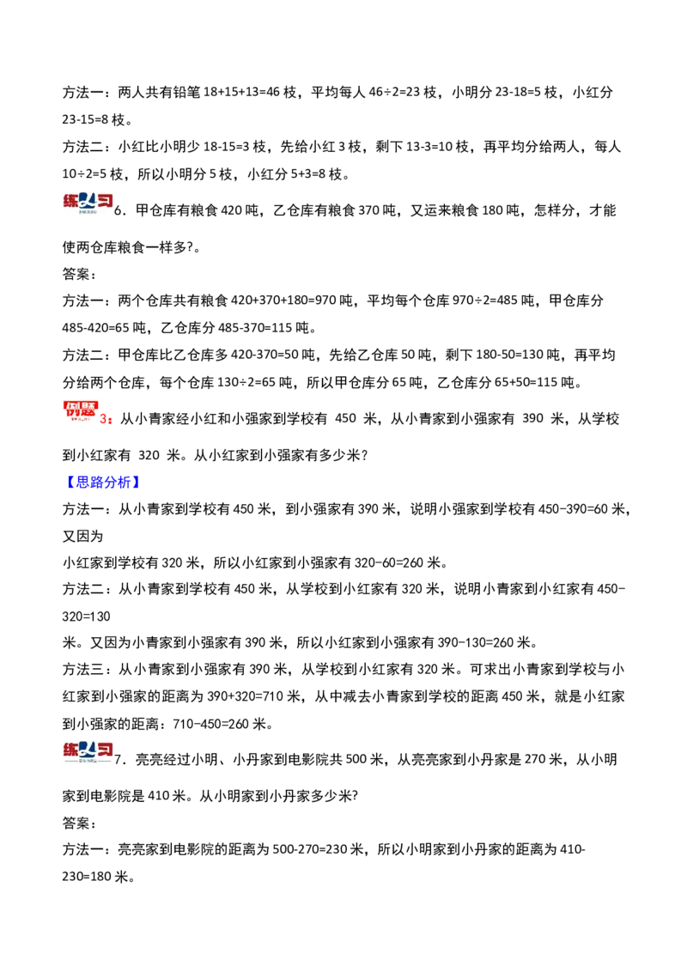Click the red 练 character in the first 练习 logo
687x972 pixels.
coord(70,202)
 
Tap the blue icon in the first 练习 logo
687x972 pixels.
coord(87,201)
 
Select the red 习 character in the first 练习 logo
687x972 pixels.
coord(104,202)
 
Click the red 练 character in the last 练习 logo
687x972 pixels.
coord(70,750)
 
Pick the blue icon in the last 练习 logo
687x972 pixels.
coord(87,749)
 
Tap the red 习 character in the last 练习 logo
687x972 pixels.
coord(104,750)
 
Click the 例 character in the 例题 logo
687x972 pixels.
coord(70,410)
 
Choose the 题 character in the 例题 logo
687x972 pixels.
coord(89,410)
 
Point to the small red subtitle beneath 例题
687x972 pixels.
coord(79,421)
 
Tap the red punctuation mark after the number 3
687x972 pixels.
coord(111,422)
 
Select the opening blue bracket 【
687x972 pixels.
coord(69,483)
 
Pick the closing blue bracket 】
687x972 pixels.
coord(137,483)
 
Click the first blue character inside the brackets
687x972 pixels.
coord(78,483)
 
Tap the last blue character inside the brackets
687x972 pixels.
coord(128,483)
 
